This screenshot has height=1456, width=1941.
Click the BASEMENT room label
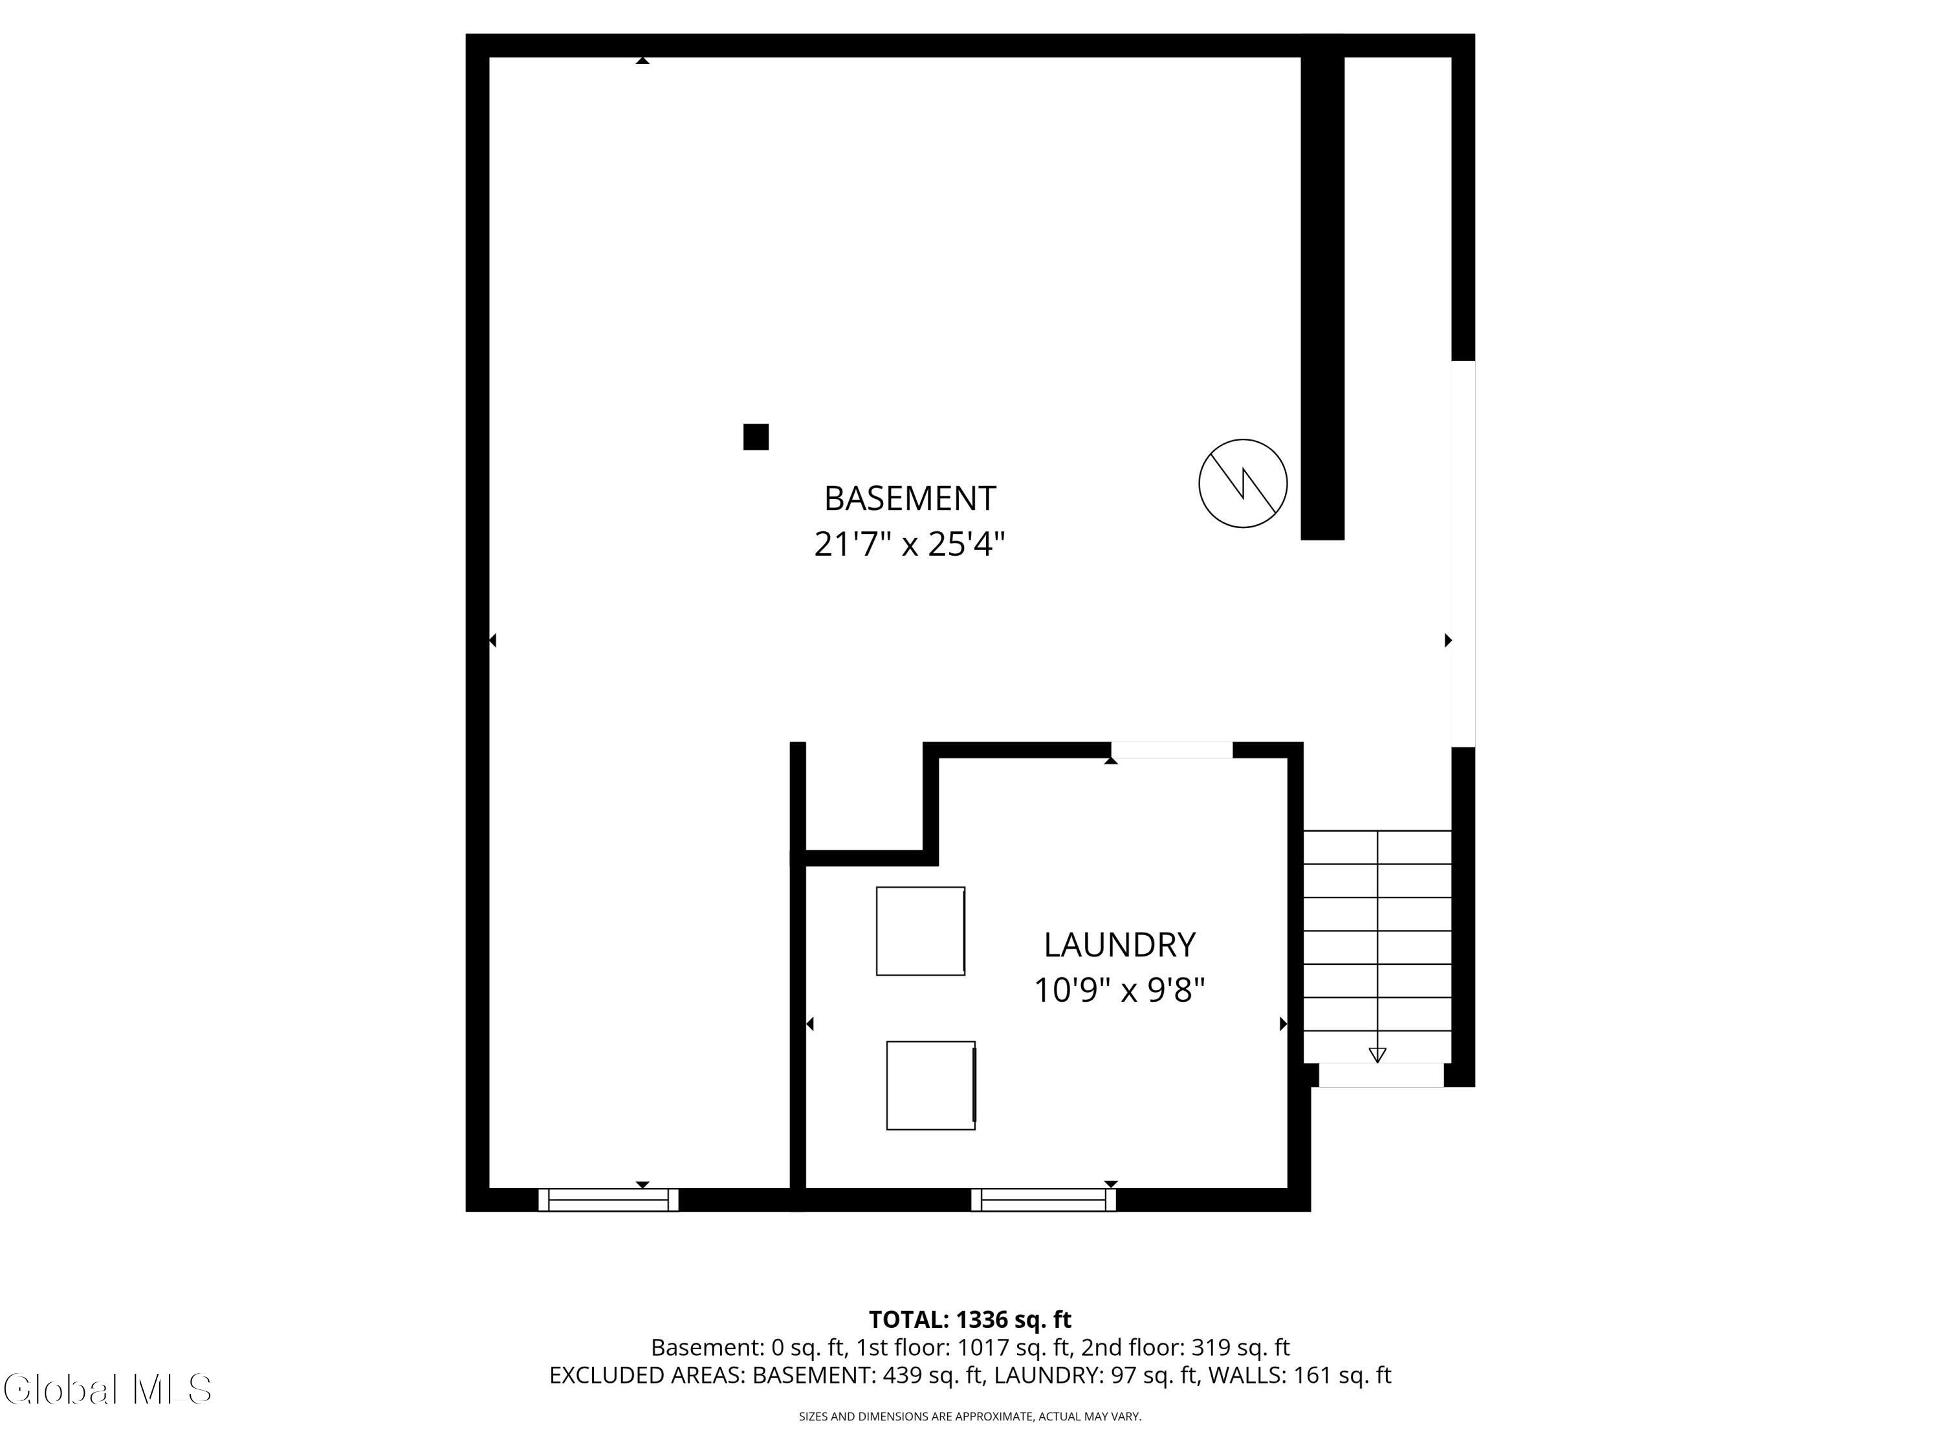pos(909,498)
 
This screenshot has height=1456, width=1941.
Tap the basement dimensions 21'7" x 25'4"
pos(909,544)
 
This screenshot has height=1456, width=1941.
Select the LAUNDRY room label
pos(1119,945)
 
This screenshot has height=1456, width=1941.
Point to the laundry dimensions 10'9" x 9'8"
pos(1119,990)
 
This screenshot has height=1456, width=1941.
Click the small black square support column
pos(756,437)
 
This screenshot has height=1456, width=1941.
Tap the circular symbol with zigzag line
pos(1242,483)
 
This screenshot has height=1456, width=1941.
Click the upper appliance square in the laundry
pos(921,931)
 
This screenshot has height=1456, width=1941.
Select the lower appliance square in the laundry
pos(930,1086)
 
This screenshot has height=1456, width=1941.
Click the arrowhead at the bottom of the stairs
pos(1377,1055)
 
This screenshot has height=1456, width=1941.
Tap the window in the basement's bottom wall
pos(608,1200)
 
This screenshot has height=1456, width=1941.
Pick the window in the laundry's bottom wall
pos(1044,1200)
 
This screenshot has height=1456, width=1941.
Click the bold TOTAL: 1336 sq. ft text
pos(970,1320)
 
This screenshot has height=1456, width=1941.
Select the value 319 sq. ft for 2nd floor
pos(1240,1347)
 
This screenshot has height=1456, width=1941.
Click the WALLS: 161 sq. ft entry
pos(1300,1375)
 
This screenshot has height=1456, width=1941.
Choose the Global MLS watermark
pos(107,1389)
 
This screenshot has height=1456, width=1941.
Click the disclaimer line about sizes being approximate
pos(970,1417)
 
